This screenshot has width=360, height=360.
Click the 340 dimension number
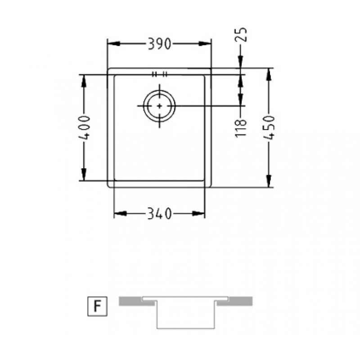(x=159, y=213)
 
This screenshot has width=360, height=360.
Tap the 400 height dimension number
(x=84, y=128)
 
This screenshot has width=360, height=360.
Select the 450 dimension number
(x=269, y=127)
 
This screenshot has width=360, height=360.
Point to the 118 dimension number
(x=241, y=128)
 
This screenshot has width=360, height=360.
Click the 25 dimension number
(x=241, y=35)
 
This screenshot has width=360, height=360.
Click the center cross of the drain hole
(x=159, y=106)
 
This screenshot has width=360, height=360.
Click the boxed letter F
(x=98, y=306)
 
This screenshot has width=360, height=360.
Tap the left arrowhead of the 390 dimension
(x=114, y=44)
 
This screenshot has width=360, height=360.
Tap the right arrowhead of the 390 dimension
(x=205, y=44)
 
